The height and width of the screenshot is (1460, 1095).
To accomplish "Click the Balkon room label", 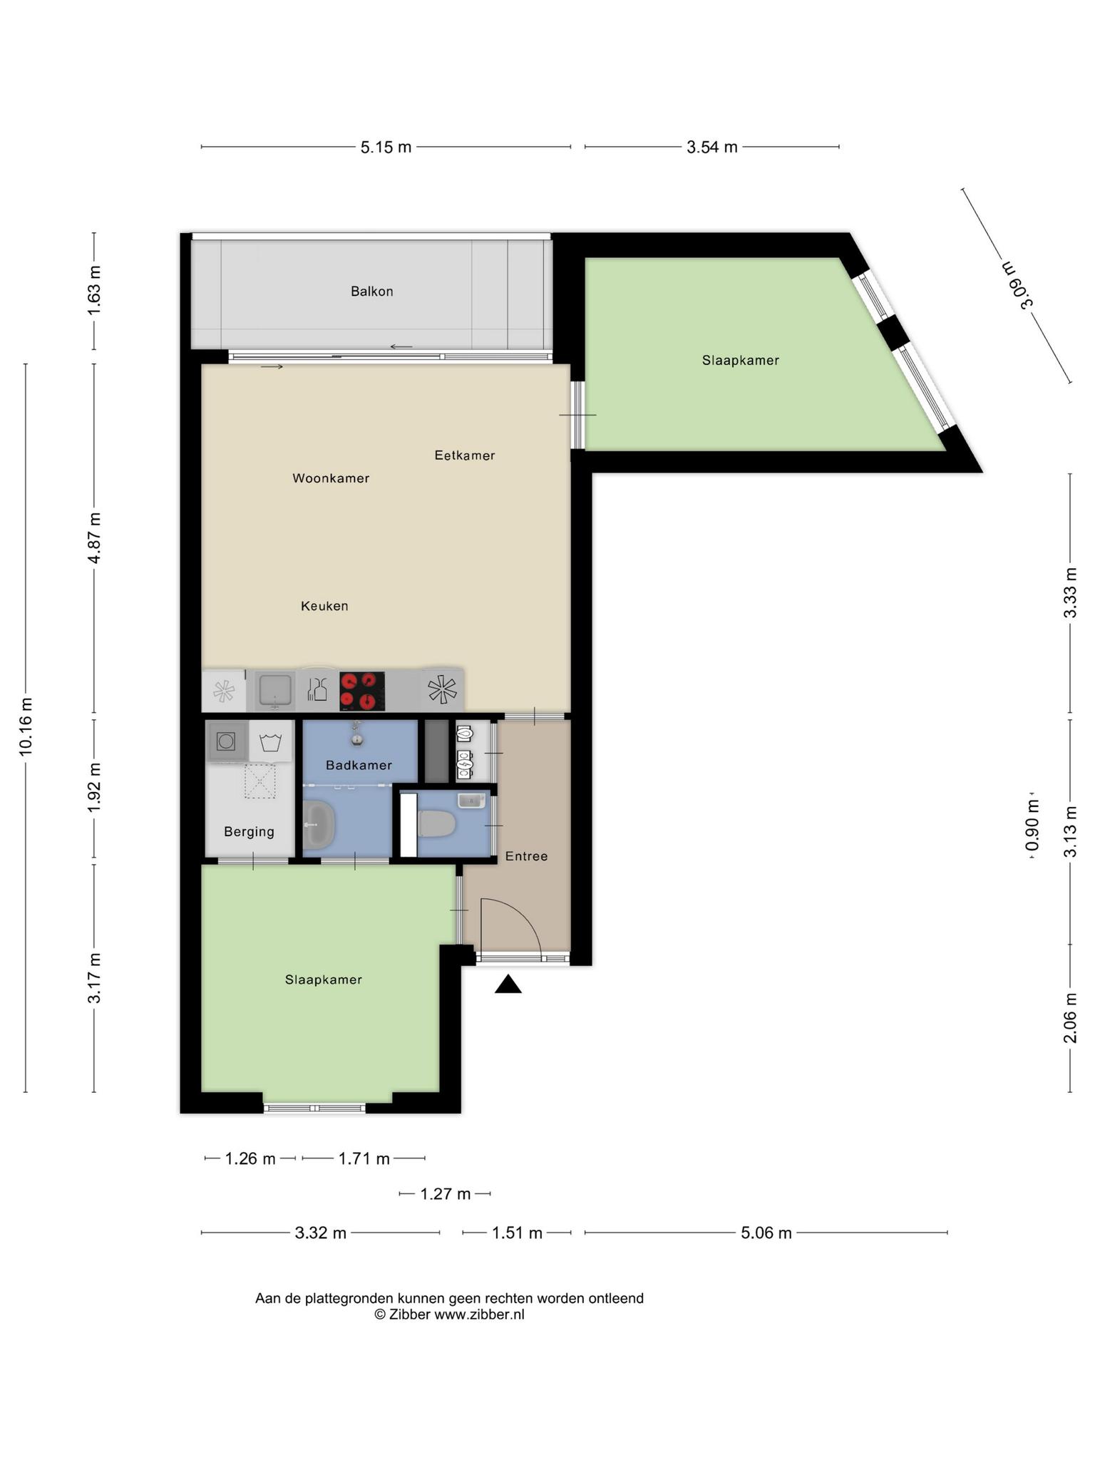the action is tap(371, 291).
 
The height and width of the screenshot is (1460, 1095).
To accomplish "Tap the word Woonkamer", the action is tap(331, 478).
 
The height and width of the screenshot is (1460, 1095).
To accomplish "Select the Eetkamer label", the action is tap(465, 455).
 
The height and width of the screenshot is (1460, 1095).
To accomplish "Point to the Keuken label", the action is tap(324, 606).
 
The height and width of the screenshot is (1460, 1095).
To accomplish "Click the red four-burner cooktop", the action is tap(362, 691).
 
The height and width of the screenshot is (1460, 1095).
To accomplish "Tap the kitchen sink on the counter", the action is tap(275, 691).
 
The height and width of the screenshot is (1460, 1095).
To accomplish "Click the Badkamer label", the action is tap(359, 765).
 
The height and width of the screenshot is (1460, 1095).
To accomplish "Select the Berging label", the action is tap(249, 831).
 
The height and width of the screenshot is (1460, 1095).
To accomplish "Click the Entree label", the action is tap(526, 856).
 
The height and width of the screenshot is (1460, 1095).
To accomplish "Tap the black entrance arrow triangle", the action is tap(508, 985).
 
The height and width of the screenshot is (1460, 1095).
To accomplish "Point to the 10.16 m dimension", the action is tap(26, 727).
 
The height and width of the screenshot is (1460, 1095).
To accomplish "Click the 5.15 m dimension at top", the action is tap(386, 147).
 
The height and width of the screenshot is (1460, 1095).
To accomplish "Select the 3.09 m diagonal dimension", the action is tap(1017, 285).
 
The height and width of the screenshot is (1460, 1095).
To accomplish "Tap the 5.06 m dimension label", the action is tap(766, 1233).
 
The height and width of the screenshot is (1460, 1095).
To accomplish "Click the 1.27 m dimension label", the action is tap(446, 1193).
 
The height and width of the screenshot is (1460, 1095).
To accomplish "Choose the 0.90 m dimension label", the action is tap(1032, 826).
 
